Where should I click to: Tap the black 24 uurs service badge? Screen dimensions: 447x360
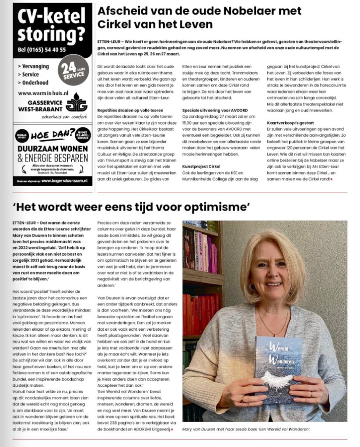coord(72,72)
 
